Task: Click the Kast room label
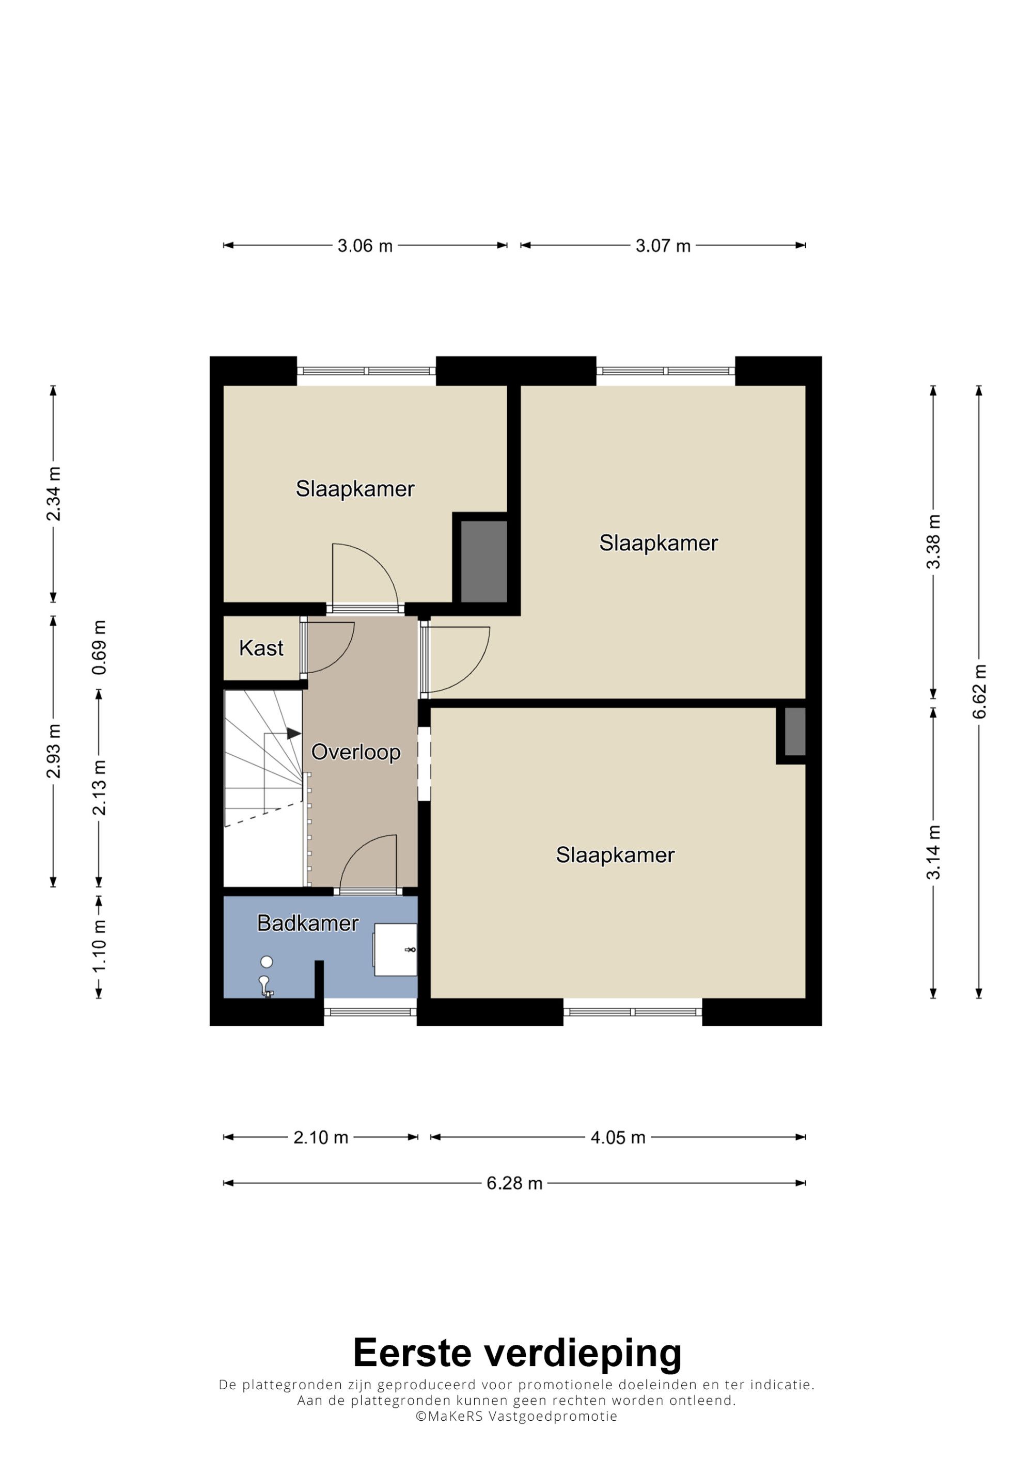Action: coord(261,648)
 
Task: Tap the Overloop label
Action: coord(356,752)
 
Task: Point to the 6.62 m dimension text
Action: coord(979,691)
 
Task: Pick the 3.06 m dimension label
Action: coord(365,246)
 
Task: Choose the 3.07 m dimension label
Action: coord(663,246)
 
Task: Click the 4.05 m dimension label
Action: coord(618,1137)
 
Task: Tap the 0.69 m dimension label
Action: coord(99,647)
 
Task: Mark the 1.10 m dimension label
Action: coord(99,946)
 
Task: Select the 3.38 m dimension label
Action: coord(933,542)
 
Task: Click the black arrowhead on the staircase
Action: coord(293,734)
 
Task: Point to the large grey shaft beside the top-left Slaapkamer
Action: coord(484,561)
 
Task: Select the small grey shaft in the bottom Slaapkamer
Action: coord(795,731)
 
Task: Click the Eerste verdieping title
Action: coord(517,1352)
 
